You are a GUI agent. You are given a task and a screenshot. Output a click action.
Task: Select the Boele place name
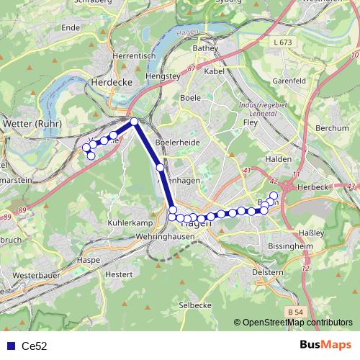point(191,96)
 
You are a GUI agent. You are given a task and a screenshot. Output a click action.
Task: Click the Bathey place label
point(205,48)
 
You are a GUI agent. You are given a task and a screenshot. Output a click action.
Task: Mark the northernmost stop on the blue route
point(134,121)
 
